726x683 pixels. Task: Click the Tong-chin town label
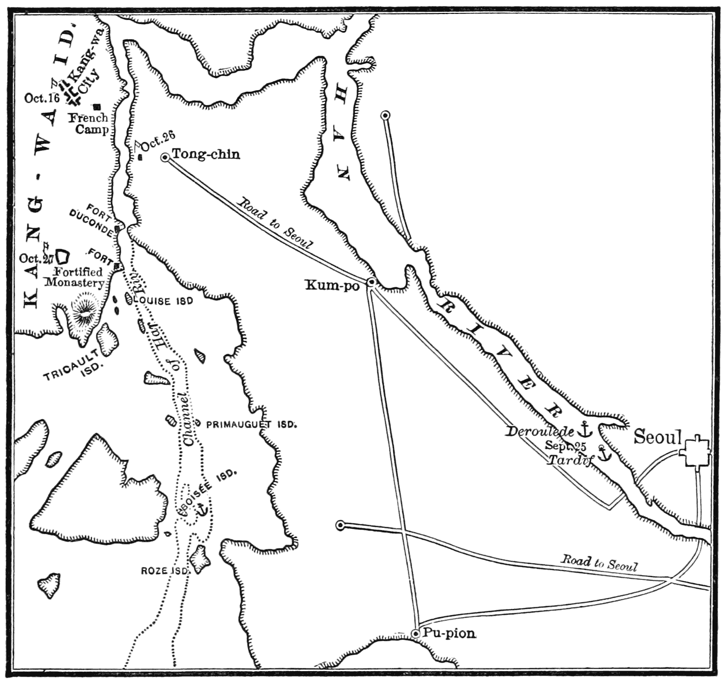pos(206,155)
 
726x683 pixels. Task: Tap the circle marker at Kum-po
pos(371,282)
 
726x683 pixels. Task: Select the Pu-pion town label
pos(449,634)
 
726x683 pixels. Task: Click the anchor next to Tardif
pos(605,454)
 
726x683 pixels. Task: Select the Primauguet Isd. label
pos(251,424)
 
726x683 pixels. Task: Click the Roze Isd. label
pos(165,571)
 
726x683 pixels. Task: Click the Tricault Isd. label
pos(73,367)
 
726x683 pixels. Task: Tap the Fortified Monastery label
pos(75,277)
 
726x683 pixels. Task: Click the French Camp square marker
pos(97,106)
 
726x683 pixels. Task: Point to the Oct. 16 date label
pos(42,98)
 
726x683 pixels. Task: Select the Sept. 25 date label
pos(566,446)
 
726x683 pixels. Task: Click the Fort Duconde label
pos(92,222)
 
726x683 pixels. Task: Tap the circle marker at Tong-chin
pos(165,157)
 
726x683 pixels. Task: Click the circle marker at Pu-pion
pos(415,634)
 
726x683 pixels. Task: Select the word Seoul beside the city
pos(657,437)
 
